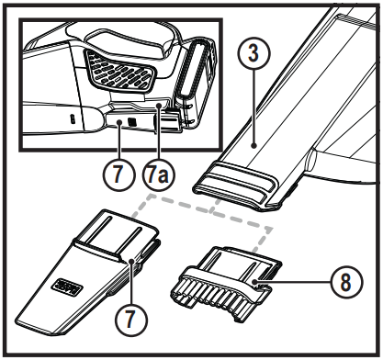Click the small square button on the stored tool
point(130,119)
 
